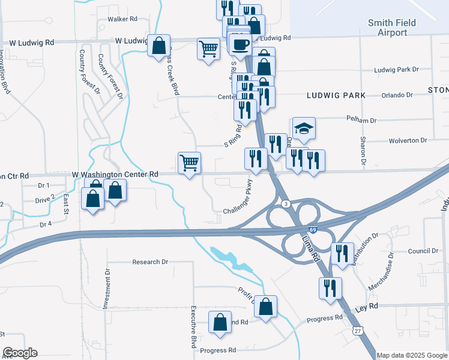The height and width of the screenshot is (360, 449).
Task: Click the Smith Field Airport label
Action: click(388, 28)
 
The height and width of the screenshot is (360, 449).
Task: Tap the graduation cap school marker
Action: click(304, 128)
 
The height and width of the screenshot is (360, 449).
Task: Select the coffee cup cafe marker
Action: click(240, 45)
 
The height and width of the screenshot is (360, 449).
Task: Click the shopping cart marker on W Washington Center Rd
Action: click(190, 163)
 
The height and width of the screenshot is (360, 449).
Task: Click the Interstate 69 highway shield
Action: click(313, 230)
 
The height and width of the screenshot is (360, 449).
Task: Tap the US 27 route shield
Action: click(358, 331)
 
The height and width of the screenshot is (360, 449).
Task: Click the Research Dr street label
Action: click(151, 262)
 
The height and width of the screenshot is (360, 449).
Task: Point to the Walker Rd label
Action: click(122, 19)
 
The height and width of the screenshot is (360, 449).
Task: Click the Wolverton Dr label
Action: click(407, 140)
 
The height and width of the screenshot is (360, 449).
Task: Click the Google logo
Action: click(20, 353)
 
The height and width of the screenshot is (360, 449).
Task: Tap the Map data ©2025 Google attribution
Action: click(412, 355)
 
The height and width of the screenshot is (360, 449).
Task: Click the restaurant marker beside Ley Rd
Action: click(330, 289)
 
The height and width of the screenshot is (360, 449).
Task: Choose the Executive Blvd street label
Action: click(194, 325)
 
